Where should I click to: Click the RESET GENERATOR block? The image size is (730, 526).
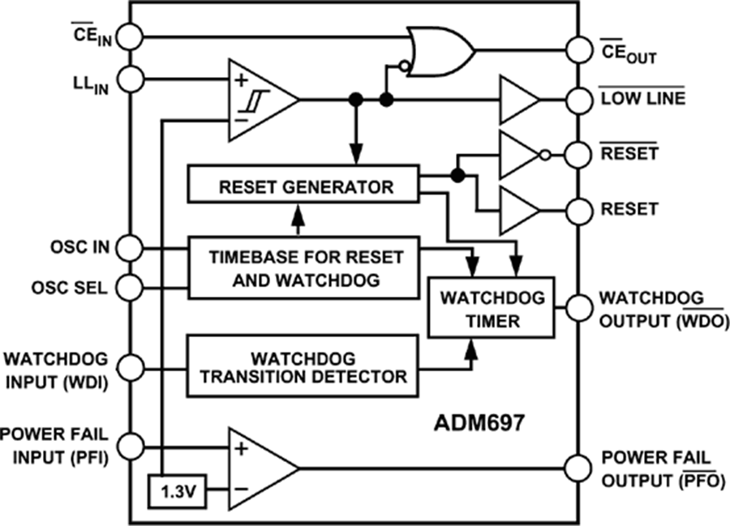click(304, 186)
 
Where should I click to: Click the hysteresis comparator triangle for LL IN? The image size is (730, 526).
click(258, 99)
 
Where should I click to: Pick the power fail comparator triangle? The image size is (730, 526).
click(258, 468)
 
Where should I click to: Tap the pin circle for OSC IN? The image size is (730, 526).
click(131, 246)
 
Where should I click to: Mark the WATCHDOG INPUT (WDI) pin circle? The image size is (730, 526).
click(131, 366)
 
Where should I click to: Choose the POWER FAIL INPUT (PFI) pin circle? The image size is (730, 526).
click(131, 443)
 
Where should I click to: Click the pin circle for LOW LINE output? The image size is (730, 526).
click(578, 100)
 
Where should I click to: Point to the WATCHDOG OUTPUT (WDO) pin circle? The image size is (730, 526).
click(578, 308)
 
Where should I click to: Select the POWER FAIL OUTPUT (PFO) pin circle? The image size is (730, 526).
click(578, 468)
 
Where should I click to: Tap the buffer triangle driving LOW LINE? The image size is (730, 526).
click(517, 100)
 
